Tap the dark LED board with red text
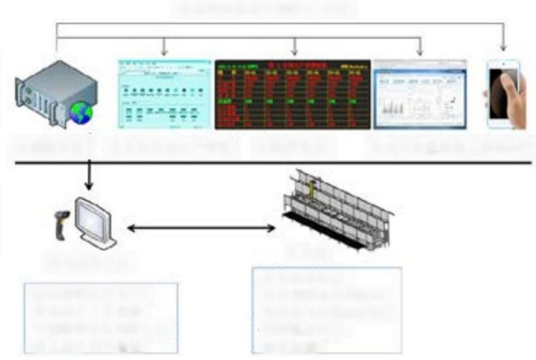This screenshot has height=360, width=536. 293,93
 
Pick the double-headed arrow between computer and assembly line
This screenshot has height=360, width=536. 202,229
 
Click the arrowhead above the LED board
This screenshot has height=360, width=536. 293,52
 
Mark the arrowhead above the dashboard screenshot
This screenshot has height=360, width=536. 420,52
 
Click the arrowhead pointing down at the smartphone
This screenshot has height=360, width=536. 503,47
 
